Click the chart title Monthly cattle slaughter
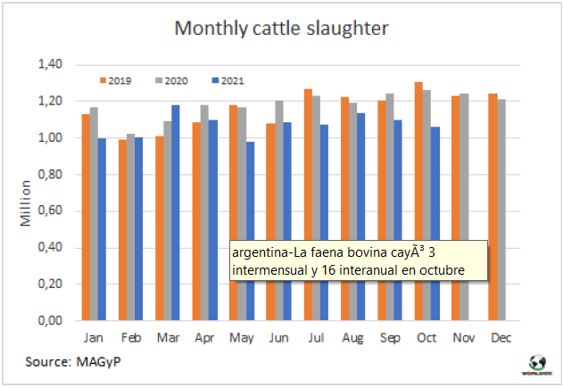(281, 29)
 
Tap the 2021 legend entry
(228, 81)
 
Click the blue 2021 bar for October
(435, 223)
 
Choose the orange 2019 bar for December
(493, 206)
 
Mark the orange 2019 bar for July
(307, 204)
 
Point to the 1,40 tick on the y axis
(50, 64)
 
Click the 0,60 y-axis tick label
(50, 211)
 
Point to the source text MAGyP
(100, 364)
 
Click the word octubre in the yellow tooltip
(436, 268)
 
